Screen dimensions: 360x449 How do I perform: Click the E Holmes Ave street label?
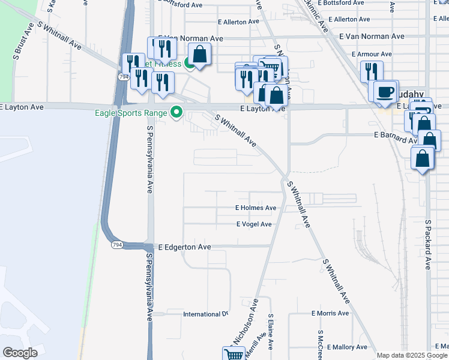256,208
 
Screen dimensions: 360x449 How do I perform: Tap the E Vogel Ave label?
254,224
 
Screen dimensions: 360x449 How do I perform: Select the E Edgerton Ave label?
184,247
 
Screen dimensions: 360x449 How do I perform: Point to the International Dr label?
206,314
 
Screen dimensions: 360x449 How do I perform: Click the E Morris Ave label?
330,313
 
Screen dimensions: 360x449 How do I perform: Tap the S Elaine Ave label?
271,332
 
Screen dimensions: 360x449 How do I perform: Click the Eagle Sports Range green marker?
176,112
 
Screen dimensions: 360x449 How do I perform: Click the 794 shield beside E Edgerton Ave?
116,245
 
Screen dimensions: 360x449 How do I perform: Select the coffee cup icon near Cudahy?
385,92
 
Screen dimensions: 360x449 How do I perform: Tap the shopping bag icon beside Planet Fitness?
200,55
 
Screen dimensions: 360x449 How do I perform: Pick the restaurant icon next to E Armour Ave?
371,71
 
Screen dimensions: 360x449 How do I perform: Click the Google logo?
20,353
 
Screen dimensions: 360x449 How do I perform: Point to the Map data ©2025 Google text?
412,355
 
